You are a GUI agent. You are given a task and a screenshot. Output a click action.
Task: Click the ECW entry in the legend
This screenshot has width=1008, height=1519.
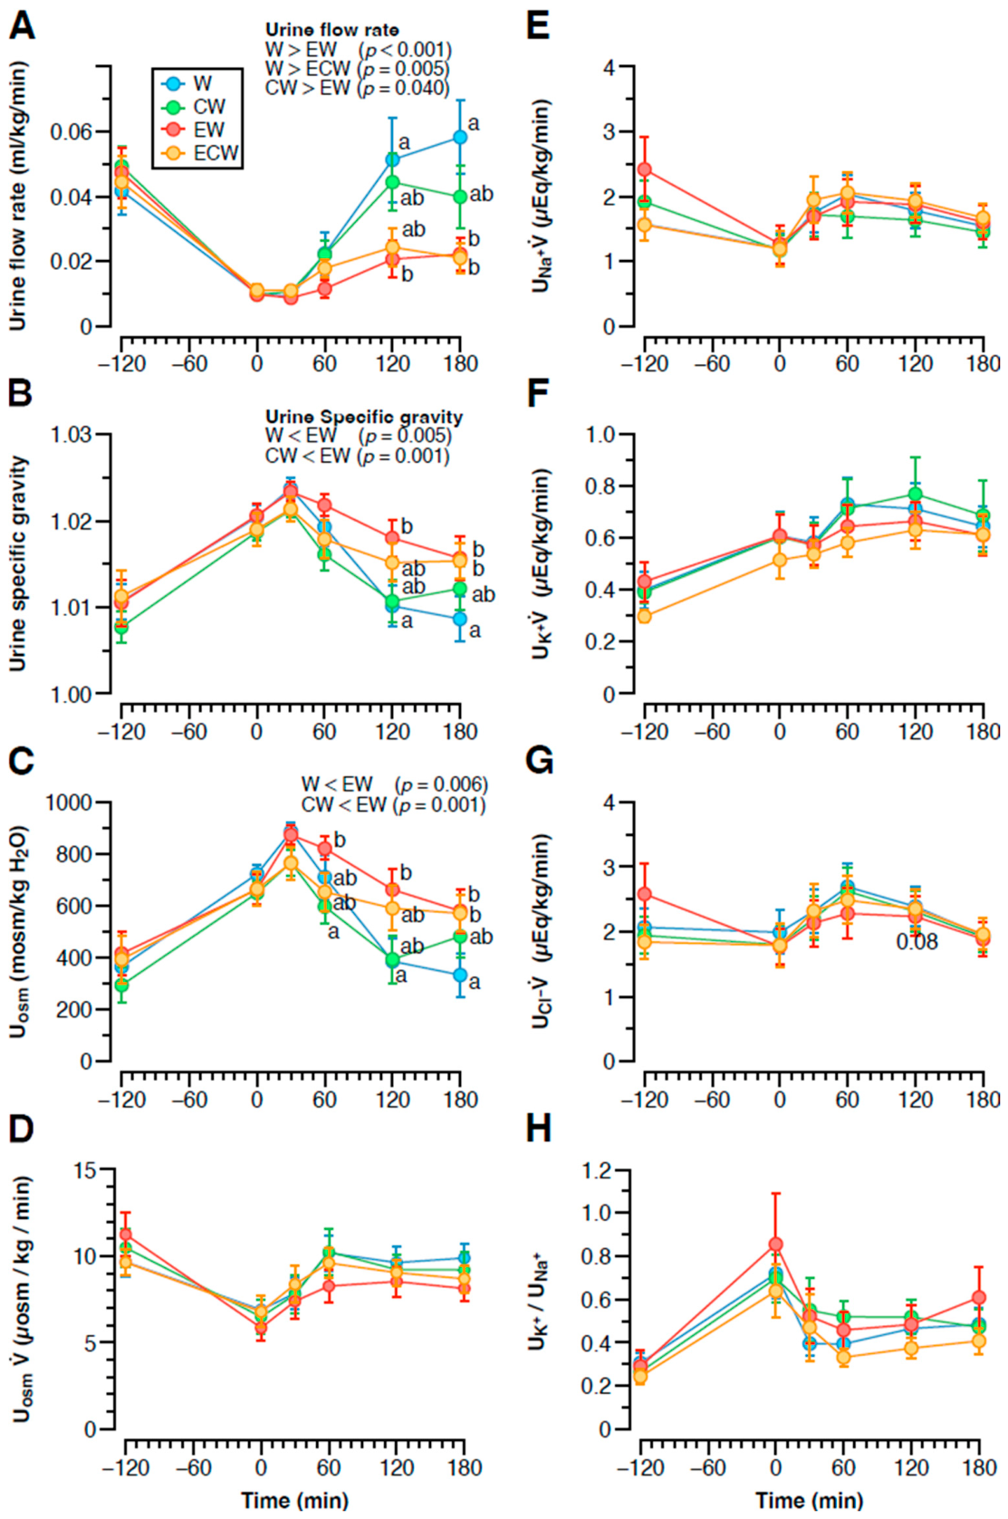pyautogui.click(x=200, y=153)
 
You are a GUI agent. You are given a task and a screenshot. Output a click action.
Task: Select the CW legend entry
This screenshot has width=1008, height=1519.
pyautogui.click(x=193, y=107)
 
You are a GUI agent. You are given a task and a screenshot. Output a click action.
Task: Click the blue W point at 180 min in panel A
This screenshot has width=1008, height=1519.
pyautogui.click(x=460, y=137)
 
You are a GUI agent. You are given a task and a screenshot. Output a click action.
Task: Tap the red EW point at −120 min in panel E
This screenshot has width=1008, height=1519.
pyautogui.click(x=645, y=168)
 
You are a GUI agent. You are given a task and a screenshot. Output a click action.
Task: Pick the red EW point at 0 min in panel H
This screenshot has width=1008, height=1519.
pyautogui.click(x=775, y=1245)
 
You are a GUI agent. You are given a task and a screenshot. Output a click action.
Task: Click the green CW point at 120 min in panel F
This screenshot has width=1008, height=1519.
pyautogui.click(x=916, y=494)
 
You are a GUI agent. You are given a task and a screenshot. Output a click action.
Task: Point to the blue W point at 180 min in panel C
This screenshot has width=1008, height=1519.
pyautogui.click(x=460, y=976)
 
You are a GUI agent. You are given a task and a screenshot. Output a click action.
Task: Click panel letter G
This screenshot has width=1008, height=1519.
pyautogui.click(x=539, y=762)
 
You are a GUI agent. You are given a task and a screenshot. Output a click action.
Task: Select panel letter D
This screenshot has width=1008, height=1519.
pyautogui.click(x=21, y=1130)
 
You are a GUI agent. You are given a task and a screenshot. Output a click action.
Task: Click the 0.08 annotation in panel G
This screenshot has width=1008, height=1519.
pyautogui.click(x=917, y=942)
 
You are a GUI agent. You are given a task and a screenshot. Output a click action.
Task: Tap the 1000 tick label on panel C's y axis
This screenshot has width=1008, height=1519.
pyautogui.click(x=68, y=803)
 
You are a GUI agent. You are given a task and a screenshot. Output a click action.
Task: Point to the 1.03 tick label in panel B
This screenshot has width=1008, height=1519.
pyautogui.click(x=72, y=434)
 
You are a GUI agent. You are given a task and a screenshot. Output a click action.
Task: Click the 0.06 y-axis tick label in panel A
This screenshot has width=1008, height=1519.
pyautogui.click(x=72, y=131)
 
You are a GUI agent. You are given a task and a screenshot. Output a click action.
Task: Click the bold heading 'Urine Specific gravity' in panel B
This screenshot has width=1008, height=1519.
pyautogui.click(x=364, y=417)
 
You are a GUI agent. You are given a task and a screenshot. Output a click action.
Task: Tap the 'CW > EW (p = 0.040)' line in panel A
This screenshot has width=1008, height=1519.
pyautogui.click(x=357, y=88)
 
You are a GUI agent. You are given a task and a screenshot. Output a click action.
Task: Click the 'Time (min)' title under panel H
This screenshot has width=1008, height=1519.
pyautogui.click(x=810, y=1501)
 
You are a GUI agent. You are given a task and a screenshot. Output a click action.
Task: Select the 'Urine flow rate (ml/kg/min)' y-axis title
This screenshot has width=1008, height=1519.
pyautogui.click(x=18, y=197)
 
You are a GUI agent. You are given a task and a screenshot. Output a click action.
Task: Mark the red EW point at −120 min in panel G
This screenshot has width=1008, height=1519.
pyautogui.click(x=645, y=894)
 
